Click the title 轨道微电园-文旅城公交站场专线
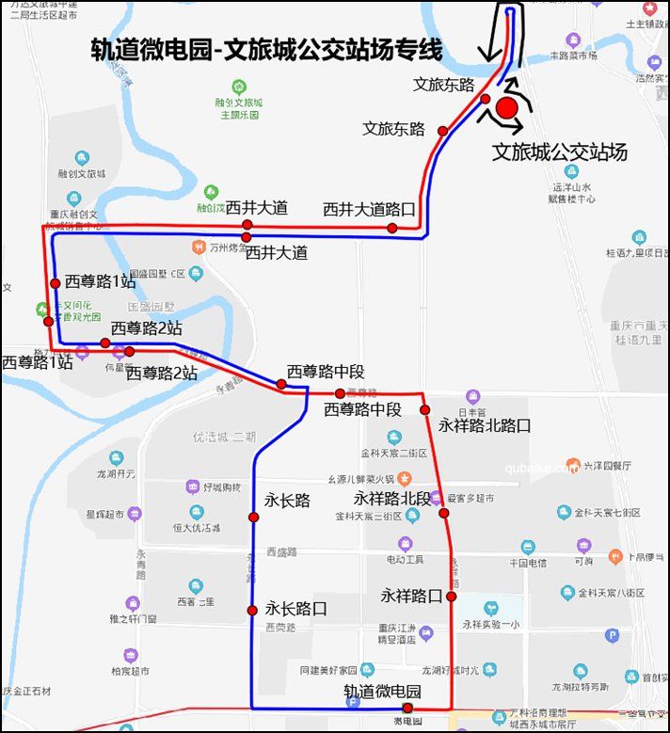(x=266, y=50)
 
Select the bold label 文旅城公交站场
(x=560, y=151)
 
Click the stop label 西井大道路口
(x=369, y=209)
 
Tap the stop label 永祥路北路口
(x=485, y=425)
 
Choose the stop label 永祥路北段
(x=391, y=497)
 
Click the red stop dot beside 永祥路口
(x=452, y=596)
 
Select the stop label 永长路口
(x=295, y=609)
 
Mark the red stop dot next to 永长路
(x=253, y=518)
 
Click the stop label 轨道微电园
(x=382, y=691)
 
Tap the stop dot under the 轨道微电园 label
(x=407, y=708)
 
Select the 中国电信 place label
(x=527, y=563)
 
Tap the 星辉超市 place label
(x=104, y=515)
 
